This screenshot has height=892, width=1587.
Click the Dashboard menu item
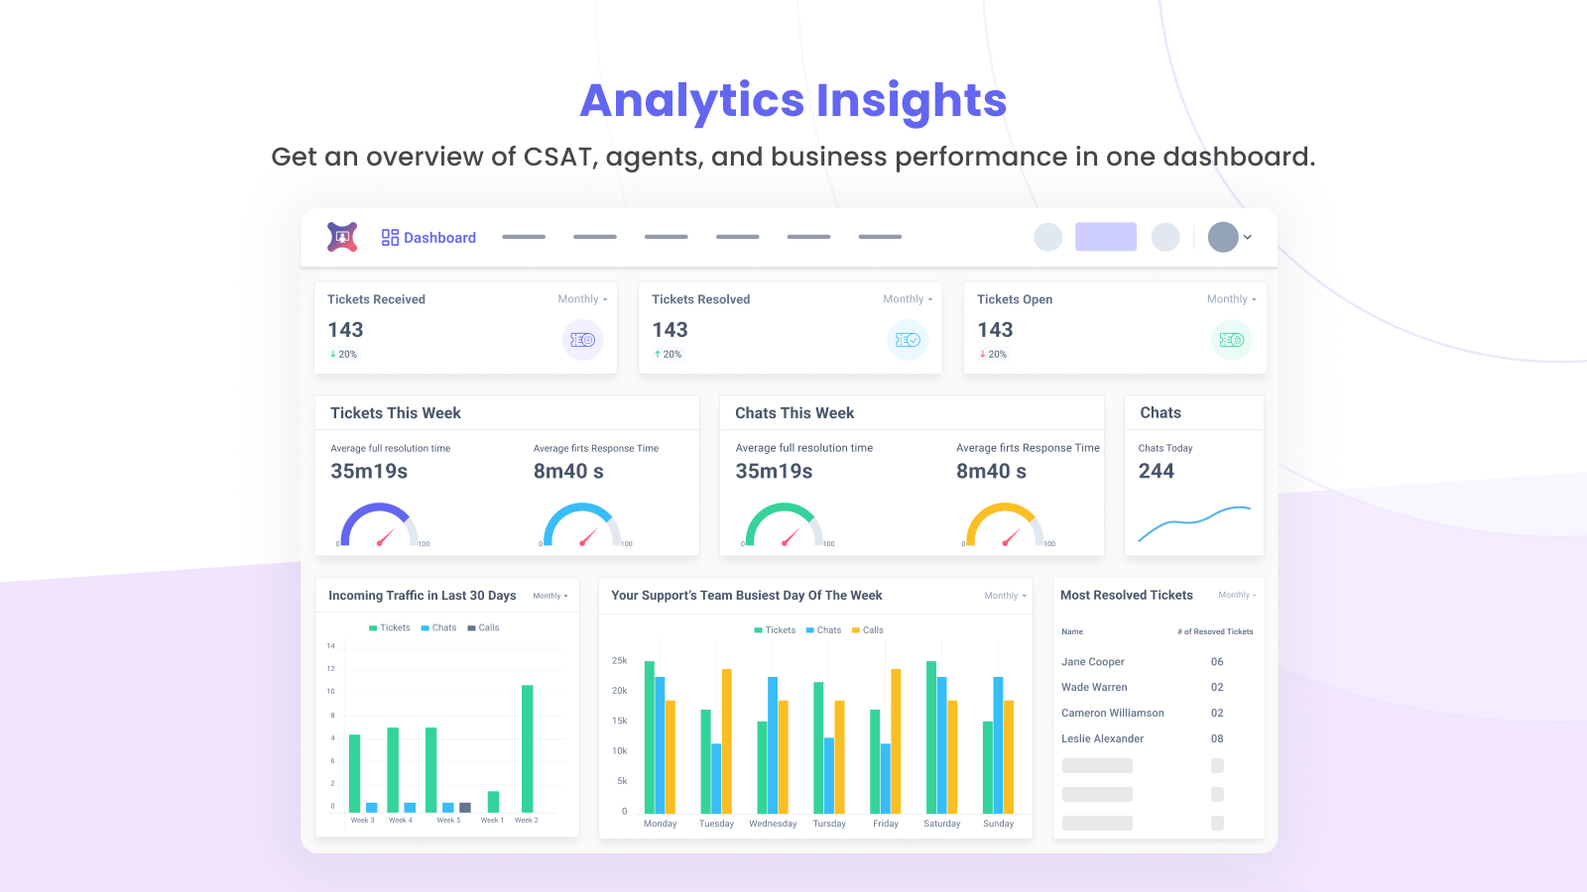pos(428,238)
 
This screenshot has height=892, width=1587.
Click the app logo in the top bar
pos(342,237)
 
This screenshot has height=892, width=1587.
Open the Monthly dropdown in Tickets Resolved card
pos(908,299)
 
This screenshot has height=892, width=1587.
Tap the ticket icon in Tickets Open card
pos(1231,340)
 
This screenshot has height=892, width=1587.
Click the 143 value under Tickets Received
pos(346,330)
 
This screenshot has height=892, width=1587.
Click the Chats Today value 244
pos(1157,472)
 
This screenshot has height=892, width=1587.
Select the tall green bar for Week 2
pos(528,748)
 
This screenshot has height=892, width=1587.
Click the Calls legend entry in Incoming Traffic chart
pos(484,627)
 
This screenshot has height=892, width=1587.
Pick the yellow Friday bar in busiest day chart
pos(896,741)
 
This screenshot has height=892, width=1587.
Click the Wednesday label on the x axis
pos(773,824)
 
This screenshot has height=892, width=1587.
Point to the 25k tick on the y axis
pos(619,660)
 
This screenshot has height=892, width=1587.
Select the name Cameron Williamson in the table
pos(1113,713)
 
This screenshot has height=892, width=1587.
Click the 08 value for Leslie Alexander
pos(1217,738)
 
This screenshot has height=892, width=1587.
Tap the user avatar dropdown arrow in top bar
pos(1248,238)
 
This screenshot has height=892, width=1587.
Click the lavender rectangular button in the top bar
pos(1105,237)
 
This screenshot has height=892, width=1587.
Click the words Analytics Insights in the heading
pos(793,100)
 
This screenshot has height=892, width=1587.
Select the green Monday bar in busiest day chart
pos(650,737)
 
